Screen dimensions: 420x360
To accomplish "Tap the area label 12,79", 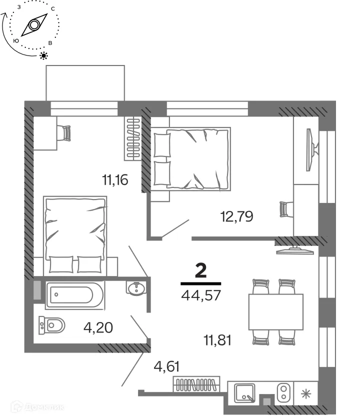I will [x=237, y=216].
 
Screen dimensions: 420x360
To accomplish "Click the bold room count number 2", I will [x=200, y=271].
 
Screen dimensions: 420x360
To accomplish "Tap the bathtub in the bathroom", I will [x=74, y=295].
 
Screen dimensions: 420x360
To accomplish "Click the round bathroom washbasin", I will [x=136, y=288].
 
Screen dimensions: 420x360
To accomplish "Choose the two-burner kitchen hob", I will [x=283, y=392].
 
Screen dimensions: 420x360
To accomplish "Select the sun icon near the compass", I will [x=44, y=55].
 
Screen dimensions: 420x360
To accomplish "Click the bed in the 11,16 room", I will [x=75, y=235].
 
